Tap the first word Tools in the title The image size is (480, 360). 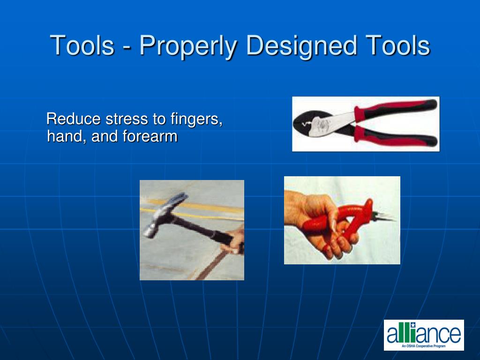[82, 46]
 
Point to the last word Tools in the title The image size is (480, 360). [398, 46]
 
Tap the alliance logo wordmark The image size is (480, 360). [424, 333]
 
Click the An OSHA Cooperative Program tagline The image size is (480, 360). [424, 345]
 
